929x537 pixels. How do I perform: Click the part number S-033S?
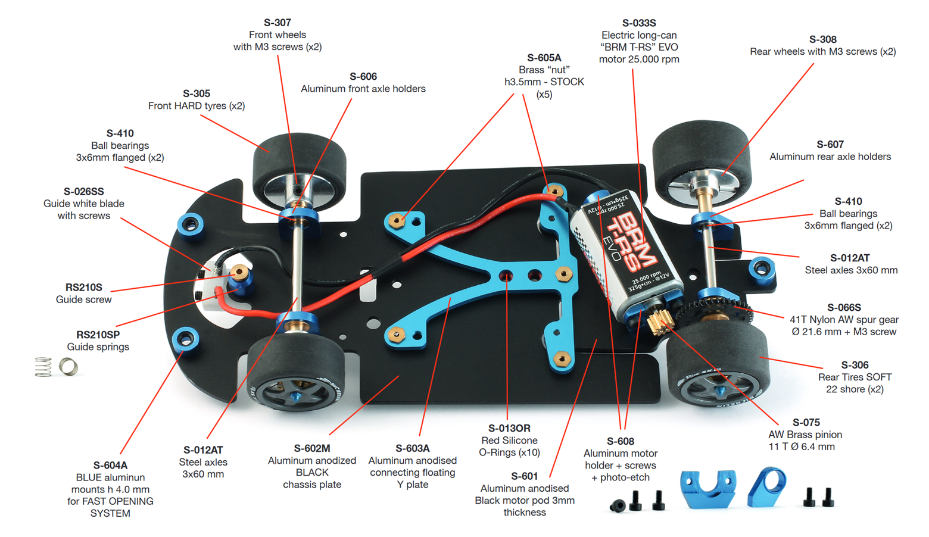[x=639, y=23]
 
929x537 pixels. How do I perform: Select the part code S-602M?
[x=311, y=448]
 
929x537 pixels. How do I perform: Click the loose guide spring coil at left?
[x=43, y=367]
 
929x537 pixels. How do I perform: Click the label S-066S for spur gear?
[x=844, y=308]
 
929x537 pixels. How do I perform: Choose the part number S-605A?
[x=544, y=58]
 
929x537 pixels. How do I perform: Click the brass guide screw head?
[x=239, y=272]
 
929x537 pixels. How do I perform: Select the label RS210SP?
[x=98, y=335]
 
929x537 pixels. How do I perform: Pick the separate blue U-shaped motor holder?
[x=708, y=488]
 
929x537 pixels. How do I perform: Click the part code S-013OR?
[x=509, y=429]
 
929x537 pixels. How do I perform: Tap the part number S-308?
[x=822, y=39]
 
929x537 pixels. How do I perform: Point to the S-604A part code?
[x=110, y=466]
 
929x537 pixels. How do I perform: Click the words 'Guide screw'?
[x=83, y=299]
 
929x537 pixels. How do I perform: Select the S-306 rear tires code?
[x=855, y=365]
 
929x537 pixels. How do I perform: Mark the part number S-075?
[x=806, y=423]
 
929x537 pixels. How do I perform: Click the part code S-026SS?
[x=83, y=192]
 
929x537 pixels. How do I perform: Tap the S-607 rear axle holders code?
[x=830, y=145]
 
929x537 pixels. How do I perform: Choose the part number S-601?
[x=524, y=476]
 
